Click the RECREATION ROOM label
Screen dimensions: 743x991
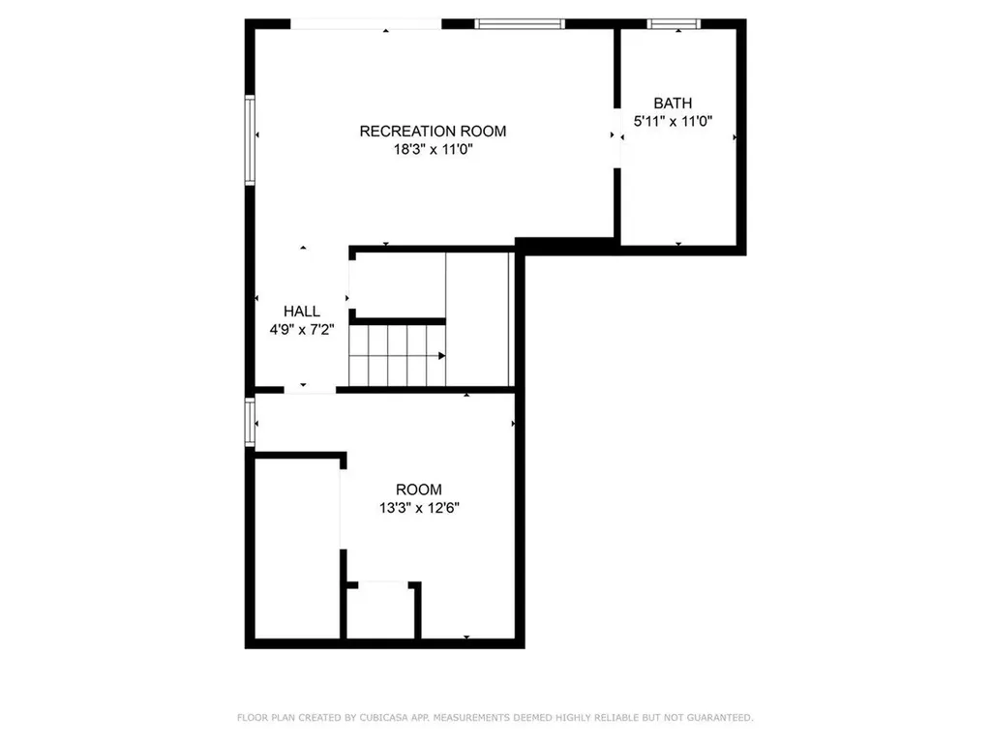tap(433, 132)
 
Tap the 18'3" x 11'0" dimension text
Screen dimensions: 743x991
tap(433, 150)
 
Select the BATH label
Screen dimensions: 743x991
tap(673, 104)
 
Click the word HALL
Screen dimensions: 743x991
tap(302, 312)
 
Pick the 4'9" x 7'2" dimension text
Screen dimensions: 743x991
tap(302, 329)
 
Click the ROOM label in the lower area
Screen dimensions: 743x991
tap(418, 490)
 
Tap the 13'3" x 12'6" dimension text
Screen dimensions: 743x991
tap(418, 508)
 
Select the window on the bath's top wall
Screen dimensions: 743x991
tap(678, 24)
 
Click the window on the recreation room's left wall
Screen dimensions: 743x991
tap(250, 139)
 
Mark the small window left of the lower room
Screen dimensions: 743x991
tap(250, 421)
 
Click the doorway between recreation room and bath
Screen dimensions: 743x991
tap(616, 136)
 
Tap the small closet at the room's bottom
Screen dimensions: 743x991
tap(381, 611)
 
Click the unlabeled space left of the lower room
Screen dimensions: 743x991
tap(296, 547)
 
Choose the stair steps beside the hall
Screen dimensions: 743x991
tap(397, 355)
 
